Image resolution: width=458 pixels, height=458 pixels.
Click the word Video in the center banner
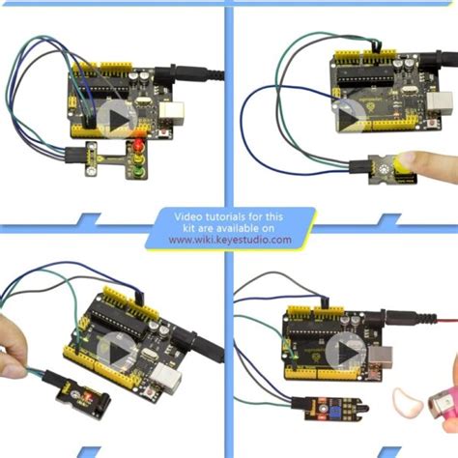tap(193, 217)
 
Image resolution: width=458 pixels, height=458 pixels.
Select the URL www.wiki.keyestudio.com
tap(229, 241)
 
